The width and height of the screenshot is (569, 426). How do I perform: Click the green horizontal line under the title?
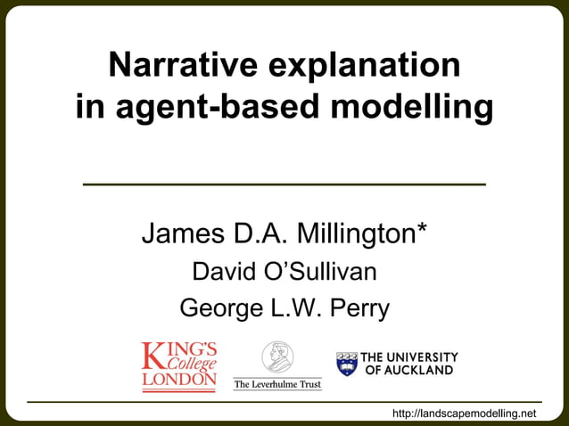pyautogui.click(x=284, y=184)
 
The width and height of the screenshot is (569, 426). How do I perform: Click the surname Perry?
pyautogui.click(x=359, y=309)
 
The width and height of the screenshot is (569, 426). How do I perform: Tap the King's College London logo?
pyautogui.click(x=178, y=366)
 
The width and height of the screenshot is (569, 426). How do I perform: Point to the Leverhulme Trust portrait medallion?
pyautogui.click(x=277, y=357)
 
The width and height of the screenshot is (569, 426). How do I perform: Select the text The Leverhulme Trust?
pyautogui.click(x=277, y=384)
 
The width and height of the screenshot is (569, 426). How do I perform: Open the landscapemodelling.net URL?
pyautogui.click(x=466, y=413)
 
